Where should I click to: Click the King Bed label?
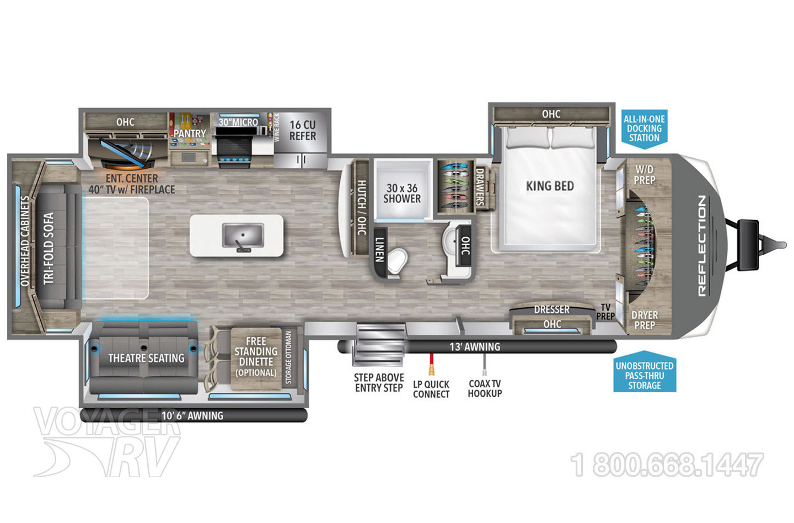(x=550, y=186)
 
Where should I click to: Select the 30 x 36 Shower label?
(x=402, y=194)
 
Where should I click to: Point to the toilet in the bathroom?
(x=397, y=260)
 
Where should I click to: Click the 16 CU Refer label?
(x=303, y=130)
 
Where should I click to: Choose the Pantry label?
(x=190, y=134)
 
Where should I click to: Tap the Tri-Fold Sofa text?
(x=49, y=248)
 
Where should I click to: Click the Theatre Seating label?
(x=146, y=358)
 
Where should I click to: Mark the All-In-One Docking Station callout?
(x=644, y=128)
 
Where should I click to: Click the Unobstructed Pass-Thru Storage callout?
(x=645, y=375)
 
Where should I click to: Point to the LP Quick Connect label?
(x=431, y=389)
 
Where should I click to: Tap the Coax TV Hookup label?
(x=485, y=388)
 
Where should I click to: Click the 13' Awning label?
(x=474, y=347)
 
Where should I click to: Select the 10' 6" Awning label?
(x=192, y=415)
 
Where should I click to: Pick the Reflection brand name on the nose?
(x=702, y=246)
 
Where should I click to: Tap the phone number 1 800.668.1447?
(x=667, y=465)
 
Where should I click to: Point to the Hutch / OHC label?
(x=361, y=207)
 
